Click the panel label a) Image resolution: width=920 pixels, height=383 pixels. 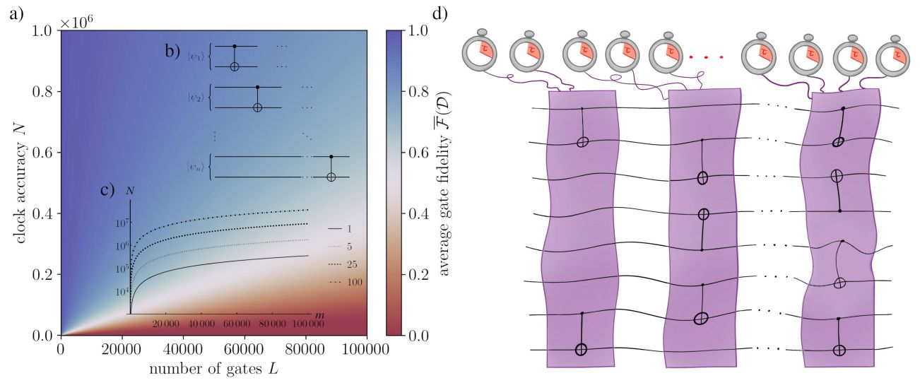18,13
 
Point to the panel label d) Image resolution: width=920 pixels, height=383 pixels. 440,13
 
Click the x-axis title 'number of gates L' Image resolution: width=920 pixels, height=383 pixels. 213,369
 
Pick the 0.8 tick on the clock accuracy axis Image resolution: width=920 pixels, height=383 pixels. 45,91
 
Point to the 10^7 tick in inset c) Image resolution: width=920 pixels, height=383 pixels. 119,223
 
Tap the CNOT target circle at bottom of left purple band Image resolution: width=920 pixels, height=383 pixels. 581,349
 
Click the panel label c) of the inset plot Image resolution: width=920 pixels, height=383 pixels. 107,190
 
